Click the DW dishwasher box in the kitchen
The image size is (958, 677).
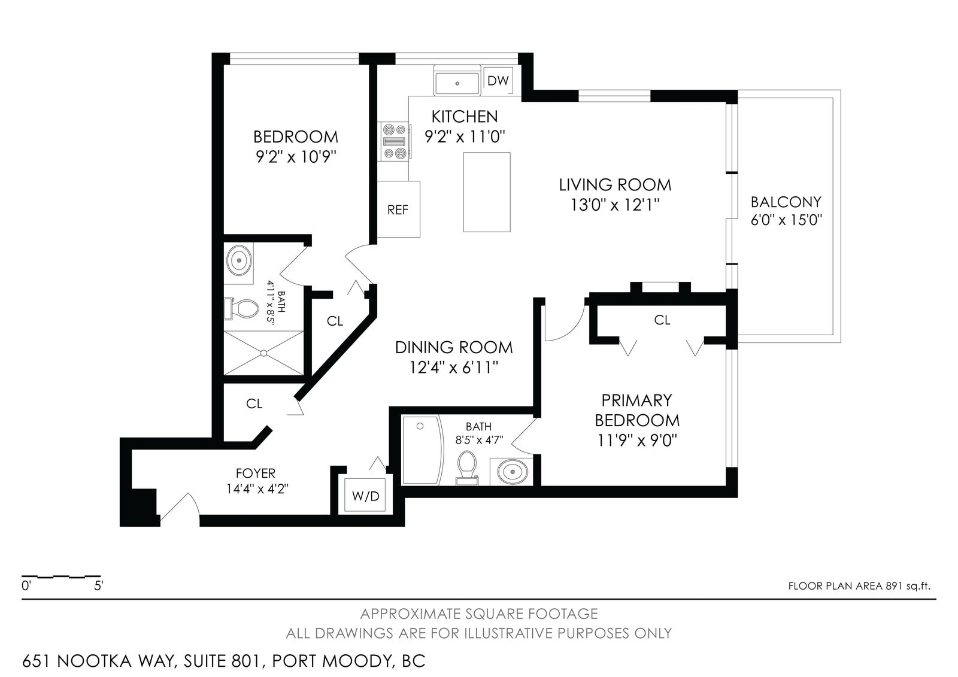[498, 80]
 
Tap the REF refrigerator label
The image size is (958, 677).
[398, 210]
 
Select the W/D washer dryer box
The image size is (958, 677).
[366, 496]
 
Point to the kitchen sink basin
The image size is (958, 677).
[457, 83]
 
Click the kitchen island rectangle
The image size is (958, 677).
[487, 192]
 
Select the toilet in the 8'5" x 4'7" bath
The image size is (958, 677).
[467, 468]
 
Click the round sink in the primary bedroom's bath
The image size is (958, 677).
[512, 472]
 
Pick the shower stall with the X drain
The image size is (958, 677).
[264, 353]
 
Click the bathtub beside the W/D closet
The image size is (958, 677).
[422, 450]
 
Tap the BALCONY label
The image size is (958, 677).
[786, 202]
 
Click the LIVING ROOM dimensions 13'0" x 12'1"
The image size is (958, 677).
[615, 205]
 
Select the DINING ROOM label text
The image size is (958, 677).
[454, 348]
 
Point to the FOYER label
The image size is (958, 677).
[256, 473]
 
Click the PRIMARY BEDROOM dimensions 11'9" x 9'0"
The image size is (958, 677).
[637, 441]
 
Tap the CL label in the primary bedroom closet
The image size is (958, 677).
[662, 320]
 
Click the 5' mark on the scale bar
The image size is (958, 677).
[99, 586]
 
